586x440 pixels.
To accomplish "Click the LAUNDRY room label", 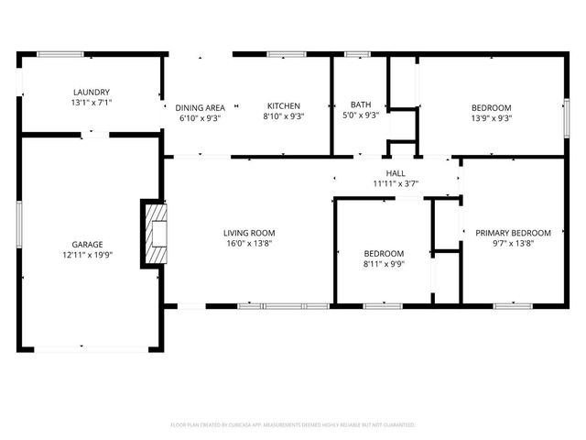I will pos(92,92).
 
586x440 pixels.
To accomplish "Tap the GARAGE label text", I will pos(88,244).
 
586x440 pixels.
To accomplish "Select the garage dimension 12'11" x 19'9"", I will pos(88,256).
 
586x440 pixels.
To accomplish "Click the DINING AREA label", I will pos(201,107).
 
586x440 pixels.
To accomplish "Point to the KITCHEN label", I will pos(284,106).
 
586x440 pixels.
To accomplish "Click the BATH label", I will pos(360,106).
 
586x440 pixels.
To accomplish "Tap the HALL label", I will pos(396,172).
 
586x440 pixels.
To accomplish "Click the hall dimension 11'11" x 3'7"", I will pos(396,184).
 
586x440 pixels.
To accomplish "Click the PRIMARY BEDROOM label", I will pos(513,233).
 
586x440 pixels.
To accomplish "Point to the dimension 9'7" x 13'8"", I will pos(513,244).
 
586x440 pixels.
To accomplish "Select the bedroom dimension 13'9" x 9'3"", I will pos(491,118).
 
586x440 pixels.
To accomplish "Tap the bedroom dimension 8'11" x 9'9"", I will pos(384,264).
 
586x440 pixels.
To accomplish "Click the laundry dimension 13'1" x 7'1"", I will pos(92,103).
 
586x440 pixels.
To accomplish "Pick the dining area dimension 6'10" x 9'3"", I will pos(201,118).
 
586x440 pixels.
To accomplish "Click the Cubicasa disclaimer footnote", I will pos(293,425).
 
